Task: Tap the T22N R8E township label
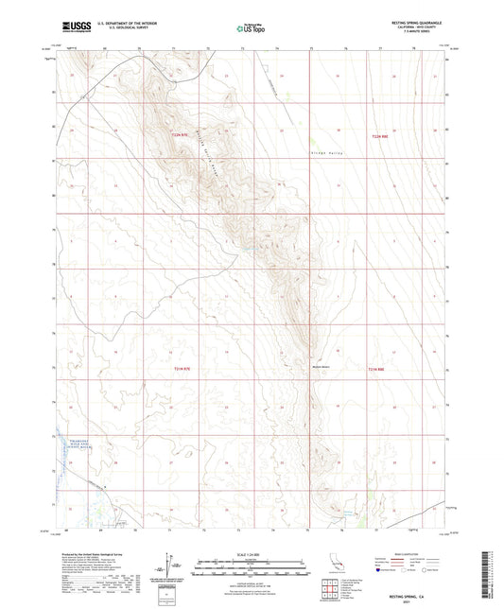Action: [379, 136]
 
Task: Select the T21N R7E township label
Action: [182, 369]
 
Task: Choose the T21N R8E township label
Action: [376, 369]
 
